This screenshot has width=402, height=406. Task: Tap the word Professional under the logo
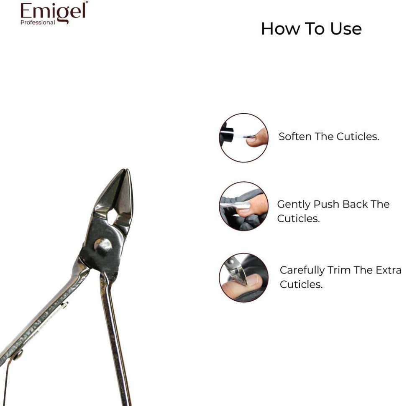38,23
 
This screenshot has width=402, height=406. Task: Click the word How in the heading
280,29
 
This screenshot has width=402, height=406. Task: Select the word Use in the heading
346,29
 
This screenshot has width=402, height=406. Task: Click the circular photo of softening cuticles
243,138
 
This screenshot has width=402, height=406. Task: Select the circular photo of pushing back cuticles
243,206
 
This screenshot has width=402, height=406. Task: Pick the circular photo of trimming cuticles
243,277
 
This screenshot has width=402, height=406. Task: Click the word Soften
295,137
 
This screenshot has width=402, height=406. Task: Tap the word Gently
294,205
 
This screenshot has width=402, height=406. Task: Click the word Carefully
302,271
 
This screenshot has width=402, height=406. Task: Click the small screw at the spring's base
18,355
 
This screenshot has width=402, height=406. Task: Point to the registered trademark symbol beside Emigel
87,3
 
